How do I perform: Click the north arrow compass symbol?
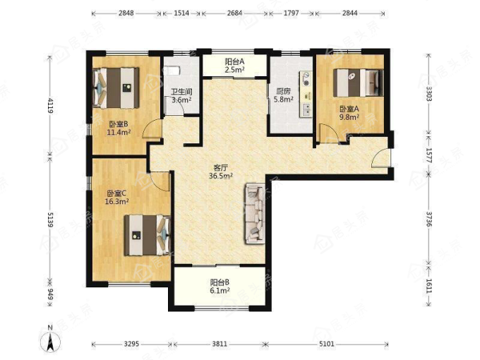50,341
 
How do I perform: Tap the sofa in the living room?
255,213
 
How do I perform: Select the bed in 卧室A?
358,83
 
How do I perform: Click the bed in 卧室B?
116,88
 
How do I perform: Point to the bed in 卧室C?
148,235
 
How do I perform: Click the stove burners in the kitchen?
306,78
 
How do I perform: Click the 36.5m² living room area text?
221,176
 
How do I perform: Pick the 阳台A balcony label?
234,61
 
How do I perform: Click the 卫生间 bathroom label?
181,92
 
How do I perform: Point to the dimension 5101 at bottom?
327,344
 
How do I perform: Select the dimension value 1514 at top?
181,13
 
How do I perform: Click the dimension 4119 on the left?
50,106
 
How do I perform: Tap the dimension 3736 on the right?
429,220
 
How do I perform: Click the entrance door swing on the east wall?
380,158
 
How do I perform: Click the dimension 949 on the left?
50,294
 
